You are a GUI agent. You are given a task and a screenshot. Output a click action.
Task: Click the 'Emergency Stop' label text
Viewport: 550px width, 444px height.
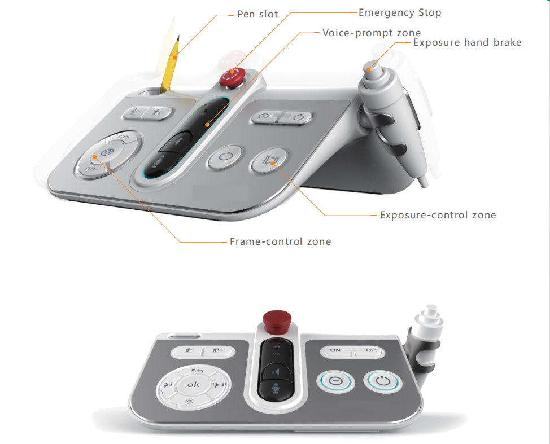(x=400, y=12)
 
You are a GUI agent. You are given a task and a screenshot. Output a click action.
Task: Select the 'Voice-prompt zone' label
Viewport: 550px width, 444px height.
(x=371, y=32)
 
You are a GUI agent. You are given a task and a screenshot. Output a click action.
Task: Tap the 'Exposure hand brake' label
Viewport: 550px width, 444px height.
(x=467, y=42)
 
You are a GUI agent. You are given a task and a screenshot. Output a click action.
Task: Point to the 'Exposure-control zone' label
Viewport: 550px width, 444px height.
(x=438, y=215)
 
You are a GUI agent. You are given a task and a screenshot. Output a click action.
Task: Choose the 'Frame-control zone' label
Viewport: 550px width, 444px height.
(x=280, y=241)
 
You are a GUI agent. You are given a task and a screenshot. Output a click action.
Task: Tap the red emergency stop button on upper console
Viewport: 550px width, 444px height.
(x=233, y=77)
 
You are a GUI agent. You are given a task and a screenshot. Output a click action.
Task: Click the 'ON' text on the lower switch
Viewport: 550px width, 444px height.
(x=335, y=350)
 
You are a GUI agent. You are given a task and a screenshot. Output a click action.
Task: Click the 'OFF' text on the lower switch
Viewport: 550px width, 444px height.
(x=371, y=350)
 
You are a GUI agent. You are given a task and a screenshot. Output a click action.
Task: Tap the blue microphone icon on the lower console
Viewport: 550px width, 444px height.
(x=276, y=389)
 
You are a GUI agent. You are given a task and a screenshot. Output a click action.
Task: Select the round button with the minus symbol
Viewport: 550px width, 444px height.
(x=335, y=381)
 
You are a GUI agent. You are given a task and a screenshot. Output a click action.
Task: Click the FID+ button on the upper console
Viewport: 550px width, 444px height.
(x=124, y=138)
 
